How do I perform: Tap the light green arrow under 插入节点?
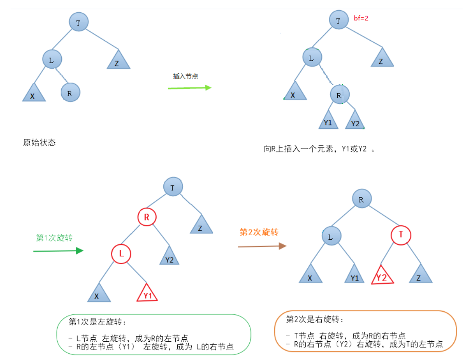pos(189,88)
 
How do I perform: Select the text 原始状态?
pos(39,143)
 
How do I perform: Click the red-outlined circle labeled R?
pos(147,217)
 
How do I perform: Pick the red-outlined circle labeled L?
pos(121,254)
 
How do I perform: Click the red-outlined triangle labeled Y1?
pos(147,293)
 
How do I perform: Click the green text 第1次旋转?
pos(54,238)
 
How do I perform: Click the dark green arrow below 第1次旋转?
pos(58,251)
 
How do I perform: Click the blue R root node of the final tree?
pos(361,199)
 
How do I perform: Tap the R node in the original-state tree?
pos(70,92)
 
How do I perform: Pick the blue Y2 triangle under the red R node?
pos(169,257)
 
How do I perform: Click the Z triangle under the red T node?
pos(421,274)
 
